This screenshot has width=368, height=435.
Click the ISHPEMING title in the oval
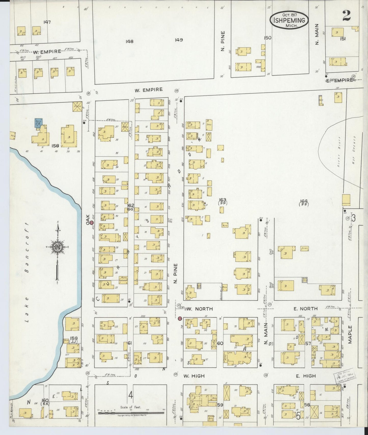pos(289,20)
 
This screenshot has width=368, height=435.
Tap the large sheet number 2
pos(347,16)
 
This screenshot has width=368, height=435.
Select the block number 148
pos(129,41)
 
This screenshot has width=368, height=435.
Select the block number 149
pos(179,40)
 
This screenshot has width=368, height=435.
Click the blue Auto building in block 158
pos(38,123)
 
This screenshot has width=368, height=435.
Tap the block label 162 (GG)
pos(131,207)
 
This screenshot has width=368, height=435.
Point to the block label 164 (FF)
pos(304,202)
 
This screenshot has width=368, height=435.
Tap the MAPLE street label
pos(350,335)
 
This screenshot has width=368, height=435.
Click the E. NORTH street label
pos(305,309)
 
